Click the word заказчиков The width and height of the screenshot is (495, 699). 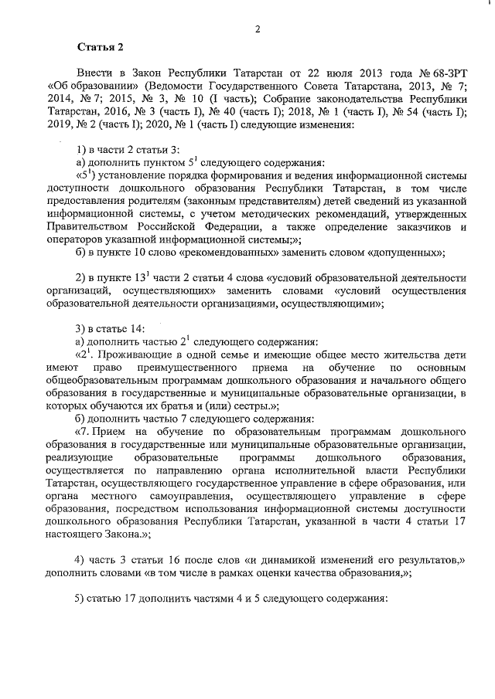pyautogui.click(x=420, y=226)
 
